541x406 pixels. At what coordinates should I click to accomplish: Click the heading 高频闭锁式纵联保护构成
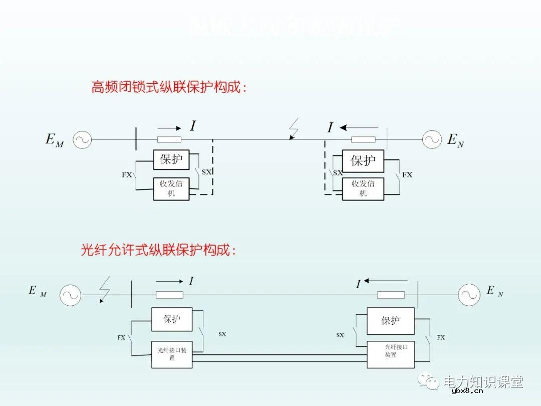168,88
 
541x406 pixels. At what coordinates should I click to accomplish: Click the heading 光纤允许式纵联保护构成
158,250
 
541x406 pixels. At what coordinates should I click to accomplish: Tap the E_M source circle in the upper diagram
82,140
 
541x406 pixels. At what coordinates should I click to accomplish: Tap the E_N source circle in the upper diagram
431,140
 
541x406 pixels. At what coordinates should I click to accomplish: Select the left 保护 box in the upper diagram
171,160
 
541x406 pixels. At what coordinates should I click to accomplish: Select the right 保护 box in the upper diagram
363,161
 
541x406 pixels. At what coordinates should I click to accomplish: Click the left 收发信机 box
171,189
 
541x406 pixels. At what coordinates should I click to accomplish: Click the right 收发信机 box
363,189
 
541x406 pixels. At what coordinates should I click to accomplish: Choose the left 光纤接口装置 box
172,354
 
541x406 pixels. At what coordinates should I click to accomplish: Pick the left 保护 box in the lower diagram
172,319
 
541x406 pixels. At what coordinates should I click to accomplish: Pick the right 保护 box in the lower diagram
391,321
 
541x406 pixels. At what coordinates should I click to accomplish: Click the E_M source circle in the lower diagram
71,295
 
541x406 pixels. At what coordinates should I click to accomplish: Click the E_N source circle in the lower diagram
469,295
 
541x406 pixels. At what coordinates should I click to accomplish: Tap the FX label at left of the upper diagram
127,175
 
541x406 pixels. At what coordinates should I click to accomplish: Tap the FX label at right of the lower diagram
441,338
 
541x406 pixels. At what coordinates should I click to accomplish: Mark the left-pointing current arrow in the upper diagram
359,128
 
